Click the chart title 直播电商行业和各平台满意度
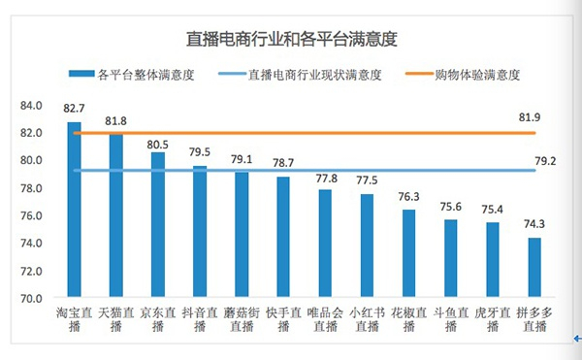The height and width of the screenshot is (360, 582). (292, 40)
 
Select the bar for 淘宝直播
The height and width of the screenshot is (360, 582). (74, 209)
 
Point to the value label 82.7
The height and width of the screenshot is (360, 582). (74, 106)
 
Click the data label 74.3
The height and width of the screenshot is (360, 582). (534, 224)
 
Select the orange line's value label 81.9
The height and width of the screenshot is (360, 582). (530, 117)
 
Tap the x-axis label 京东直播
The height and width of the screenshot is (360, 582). (157, 321)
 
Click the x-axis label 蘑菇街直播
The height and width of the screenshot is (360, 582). (242, 321)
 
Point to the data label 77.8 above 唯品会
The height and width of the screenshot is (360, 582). (325, 179)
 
